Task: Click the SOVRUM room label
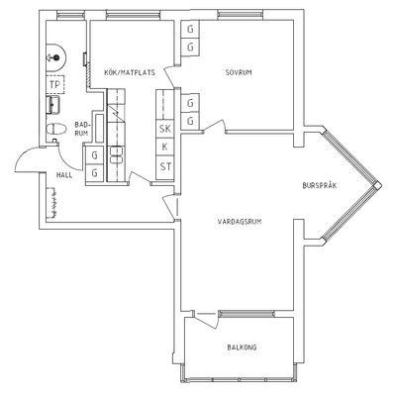pos(239,72)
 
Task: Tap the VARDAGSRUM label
pos(240,222)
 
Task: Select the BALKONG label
pos(242,347)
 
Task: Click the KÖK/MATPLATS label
pos(130,72)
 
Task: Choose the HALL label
pos(64,175)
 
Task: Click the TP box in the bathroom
pos(55,85)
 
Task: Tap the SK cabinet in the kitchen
pos(165,129)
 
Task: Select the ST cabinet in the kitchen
pos(165,166)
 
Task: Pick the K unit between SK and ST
pos(165,148)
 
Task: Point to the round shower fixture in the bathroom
pos(56,57)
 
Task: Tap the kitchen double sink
pos(117,155)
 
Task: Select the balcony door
pos(206,319)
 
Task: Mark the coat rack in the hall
pos(52,203)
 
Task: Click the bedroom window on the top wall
pos(241,14)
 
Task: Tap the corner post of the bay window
pos(377,186)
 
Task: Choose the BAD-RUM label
pos(81,129)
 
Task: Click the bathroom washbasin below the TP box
pos(52,105)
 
